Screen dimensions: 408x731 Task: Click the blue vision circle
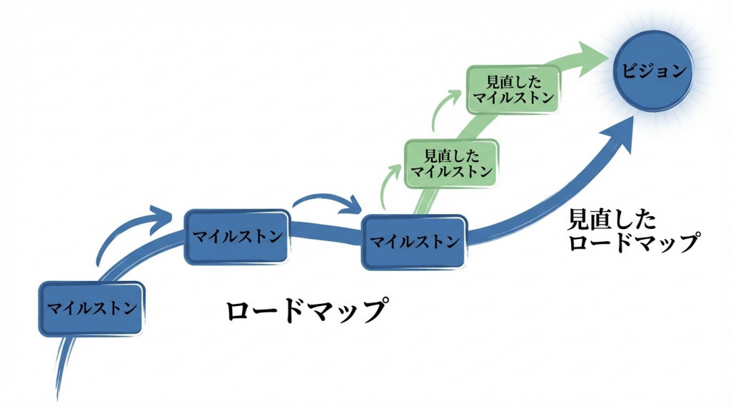tap(652, 71)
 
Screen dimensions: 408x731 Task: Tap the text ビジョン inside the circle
tap(653, 71)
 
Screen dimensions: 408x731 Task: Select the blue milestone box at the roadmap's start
tap(91, 308)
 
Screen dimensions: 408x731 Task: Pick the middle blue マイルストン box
tap(238, 236)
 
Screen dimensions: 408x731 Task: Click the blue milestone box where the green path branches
tap(414, 241)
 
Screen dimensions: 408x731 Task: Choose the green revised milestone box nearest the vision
tap(513, 89)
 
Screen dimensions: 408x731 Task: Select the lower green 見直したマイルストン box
tap(451, 163)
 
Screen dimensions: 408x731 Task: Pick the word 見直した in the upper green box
tap(513, 81)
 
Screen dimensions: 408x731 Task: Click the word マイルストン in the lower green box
tap(451, 171)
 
